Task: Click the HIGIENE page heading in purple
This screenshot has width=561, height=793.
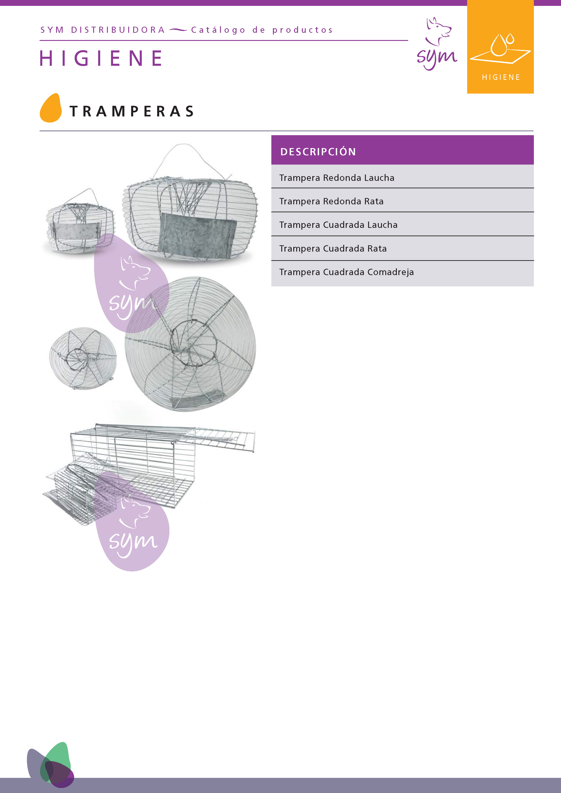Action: click(x=101, y=58)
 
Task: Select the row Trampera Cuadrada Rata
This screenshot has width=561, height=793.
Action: click(x=333, y=248)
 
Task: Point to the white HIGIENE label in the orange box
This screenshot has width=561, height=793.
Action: click(x=501, y=77)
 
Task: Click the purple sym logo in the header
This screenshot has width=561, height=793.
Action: click(x=437, y=45)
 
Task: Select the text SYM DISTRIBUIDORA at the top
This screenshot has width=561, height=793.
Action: click(x=103, y=30)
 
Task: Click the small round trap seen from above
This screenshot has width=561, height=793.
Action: click(x=83, y=358)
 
